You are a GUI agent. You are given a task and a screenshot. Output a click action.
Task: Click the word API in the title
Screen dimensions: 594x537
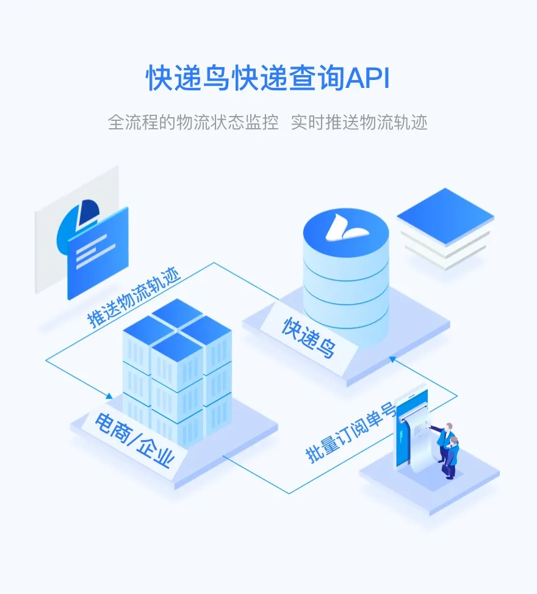pos(367,79)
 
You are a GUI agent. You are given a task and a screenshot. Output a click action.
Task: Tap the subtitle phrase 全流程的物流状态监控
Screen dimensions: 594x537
pos(193,122)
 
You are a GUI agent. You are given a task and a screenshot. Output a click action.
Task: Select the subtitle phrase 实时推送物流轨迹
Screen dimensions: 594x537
pos(359,122)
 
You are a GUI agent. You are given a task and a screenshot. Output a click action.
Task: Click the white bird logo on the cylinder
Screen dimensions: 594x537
pos(345,227)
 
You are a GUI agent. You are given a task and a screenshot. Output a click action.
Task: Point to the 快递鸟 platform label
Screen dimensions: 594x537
pos(309,338)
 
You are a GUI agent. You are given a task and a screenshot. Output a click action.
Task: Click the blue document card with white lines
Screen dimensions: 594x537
pos(98,253)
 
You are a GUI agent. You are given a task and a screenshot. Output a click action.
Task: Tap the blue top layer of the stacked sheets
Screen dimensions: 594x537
pos(445,213)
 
